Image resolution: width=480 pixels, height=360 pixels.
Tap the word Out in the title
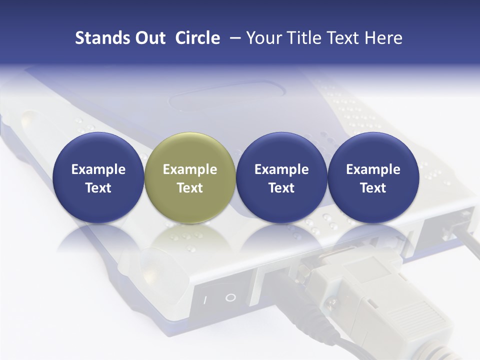[x=149, y=38]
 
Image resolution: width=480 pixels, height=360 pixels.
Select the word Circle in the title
[x=197, y=38]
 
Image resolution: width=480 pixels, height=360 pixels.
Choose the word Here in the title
[x=383, y=38]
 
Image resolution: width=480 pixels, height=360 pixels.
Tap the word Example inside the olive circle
[x=190, y=169]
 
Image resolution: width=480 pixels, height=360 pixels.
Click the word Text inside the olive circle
[x=190, y=188]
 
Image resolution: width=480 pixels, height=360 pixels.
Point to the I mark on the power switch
[x=204, y=300]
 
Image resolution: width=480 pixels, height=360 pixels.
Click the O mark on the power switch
[x=230, y=298]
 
